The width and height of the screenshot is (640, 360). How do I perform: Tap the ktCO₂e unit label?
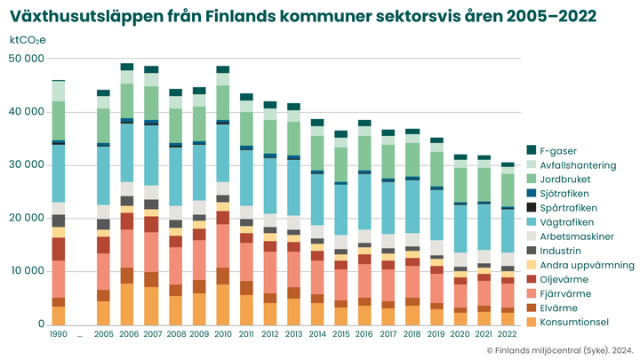[x=28, y=40]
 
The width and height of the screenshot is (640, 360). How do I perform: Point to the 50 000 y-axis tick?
[x=27, y=59]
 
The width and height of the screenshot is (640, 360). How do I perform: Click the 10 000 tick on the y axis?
[x=27, y=271]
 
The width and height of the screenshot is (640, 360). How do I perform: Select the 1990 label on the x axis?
[x=59, y=334]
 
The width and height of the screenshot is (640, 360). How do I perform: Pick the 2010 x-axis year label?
[x=222, y=334]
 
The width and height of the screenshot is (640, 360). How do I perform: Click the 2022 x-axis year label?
[x=507, y=334]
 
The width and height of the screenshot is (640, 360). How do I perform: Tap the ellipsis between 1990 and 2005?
[x=80, y=335]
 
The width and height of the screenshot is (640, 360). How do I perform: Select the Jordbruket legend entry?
[x=572, y=179]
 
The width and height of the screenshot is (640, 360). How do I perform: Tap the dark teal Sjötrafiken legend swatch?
[x=532, y=193]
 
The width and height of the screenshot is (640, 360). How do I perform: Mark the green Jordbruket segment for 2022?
[x=507, y=189]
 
